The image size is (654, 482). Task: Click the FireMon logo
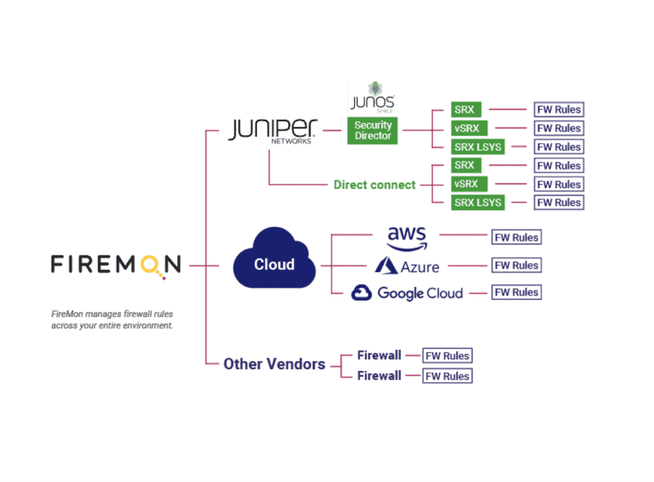[116, 264]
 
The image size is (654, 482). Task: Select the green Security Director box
[372, 130]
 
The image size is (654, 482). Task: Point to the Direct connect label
[374, 185]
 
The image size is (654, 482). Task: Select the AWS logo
[406, 237]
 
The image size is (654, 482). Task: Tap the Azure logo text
[420, 266]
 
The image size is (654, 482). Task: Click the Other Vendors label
[274, 365]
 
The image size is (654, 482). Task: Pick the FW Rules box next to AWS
[516, 237]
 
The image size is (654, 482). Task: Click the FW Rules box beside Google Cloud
[516, 292]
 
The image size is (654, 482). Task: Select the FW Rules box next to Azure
[516, 265]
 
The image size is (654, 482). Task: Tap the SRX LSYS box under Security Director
[478, 147]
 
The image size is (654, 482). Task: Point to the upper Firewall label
[379, 355]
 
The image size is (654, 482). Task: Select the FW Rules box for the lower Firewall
[447, 376]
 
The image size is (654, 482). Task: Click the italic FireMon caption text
[112, 320]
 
